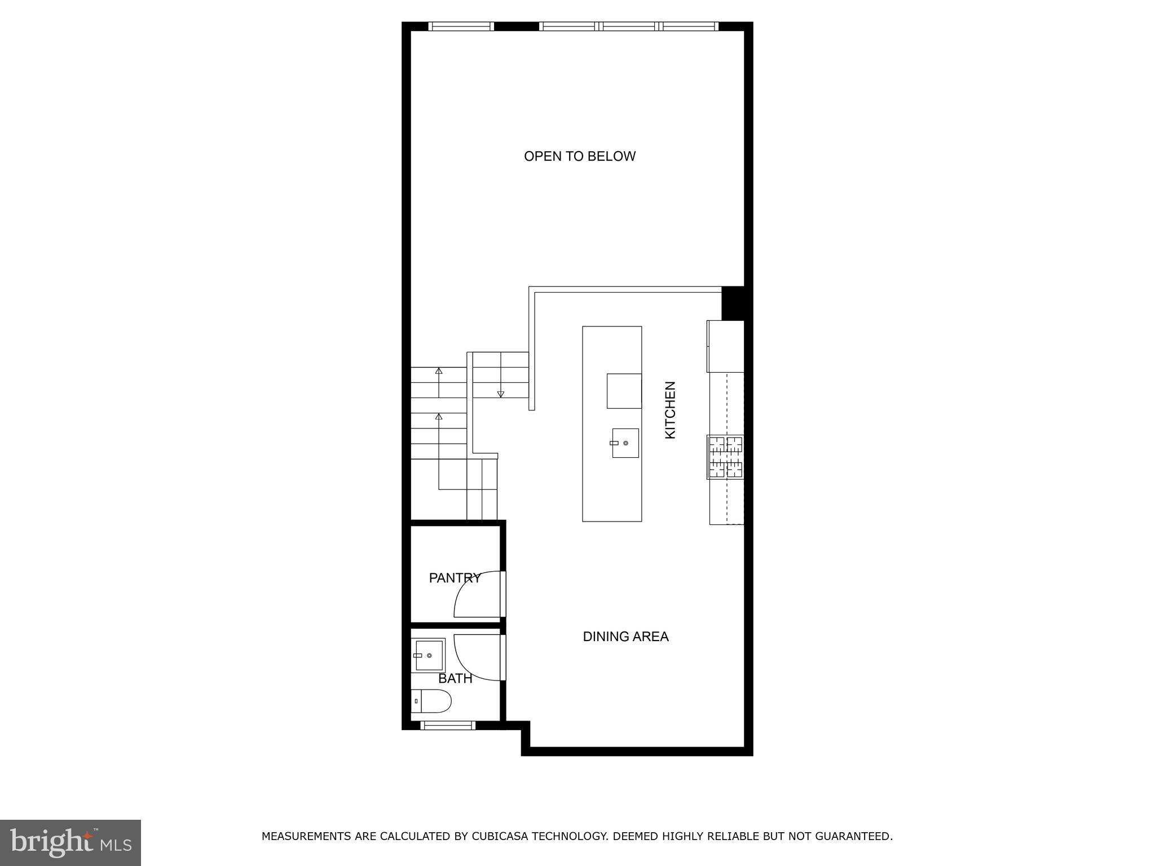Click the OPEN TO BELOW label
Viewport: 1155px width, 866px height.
[579, 156]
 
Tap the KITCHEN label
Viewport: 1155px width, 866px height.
[670, 410]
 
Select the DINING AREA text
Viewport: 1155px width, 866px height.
[625, 637]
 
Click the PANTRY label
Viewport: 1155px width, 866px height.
[455, 578]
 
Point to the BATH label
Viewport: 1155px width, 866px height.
[455, 678]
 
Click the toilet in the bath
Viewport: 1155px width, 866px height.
[431, 701]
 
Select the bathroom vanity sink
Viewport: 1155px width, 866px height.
[428, 655]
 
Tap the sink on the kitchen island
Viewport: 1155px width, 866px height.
[625, 443]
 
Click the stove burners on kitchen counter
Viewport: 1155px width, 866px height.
[726, 457]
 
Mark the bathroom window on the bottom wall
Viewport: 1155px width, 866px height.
[449, 726]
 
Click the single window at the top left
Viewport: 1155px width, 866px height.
[461, 26]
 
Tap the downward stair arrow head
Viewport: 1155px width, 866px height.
[500, 394]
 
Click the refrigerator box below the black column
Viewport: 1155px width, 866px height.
[725, 346]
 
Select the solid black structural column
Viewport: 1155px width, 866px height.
[733, 303]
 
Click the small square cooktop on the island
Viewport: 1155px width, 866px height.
[624, 391]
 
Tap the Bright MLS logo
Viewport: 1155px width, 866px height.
[70, 842]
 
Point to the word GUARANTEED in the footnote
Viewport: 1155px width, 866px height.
[850, 836]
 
